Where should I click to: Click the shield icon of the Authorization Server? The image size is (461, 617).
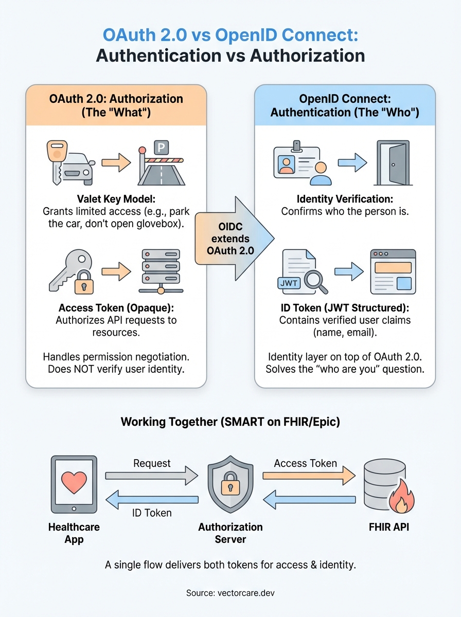230,484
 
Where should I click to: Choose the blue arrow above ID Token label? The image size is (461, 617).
151,499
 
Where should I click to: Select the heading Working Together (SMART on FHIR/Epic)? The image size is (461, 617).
230,422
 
